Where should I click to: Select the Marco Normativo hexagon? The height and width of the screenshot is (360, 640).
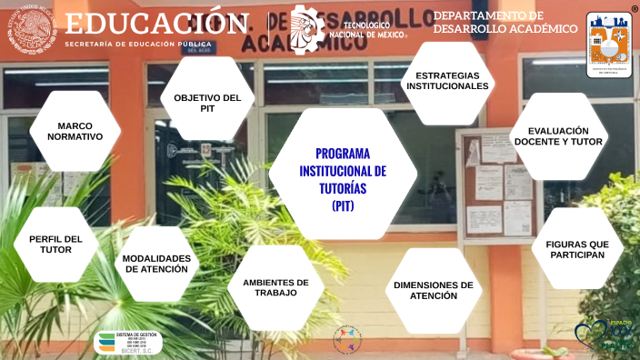coord(74,131)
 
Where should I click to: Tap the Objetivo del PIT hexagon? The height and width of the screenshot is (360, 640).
coord(206,102)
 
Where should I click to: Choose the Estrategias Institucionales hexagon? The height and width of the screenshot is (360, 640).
coord(446,81)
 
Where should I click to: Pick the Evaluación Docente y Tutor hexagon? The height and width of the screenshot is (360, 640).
coord(558,136)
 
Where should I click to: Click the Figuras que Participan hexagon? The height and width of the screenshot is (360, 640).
coord(576,249)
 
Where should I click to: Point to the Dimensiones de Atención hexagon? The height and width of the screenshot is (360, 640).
coord(433,290)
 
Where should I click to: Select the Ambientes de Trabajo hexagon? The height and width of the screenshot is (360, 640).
coord(275,288)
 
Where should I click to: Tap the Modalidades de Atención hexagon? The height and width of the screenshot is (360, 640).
coord(156,264)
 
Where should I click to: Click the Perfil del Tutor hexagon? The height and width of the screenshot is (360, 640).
coord(55,245)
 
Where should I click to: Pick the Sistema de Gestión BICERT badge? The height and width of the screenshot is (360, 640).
coord(128,342)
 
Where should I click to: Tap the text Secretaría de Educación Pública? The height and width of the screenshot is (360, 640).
coord(138,44)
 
